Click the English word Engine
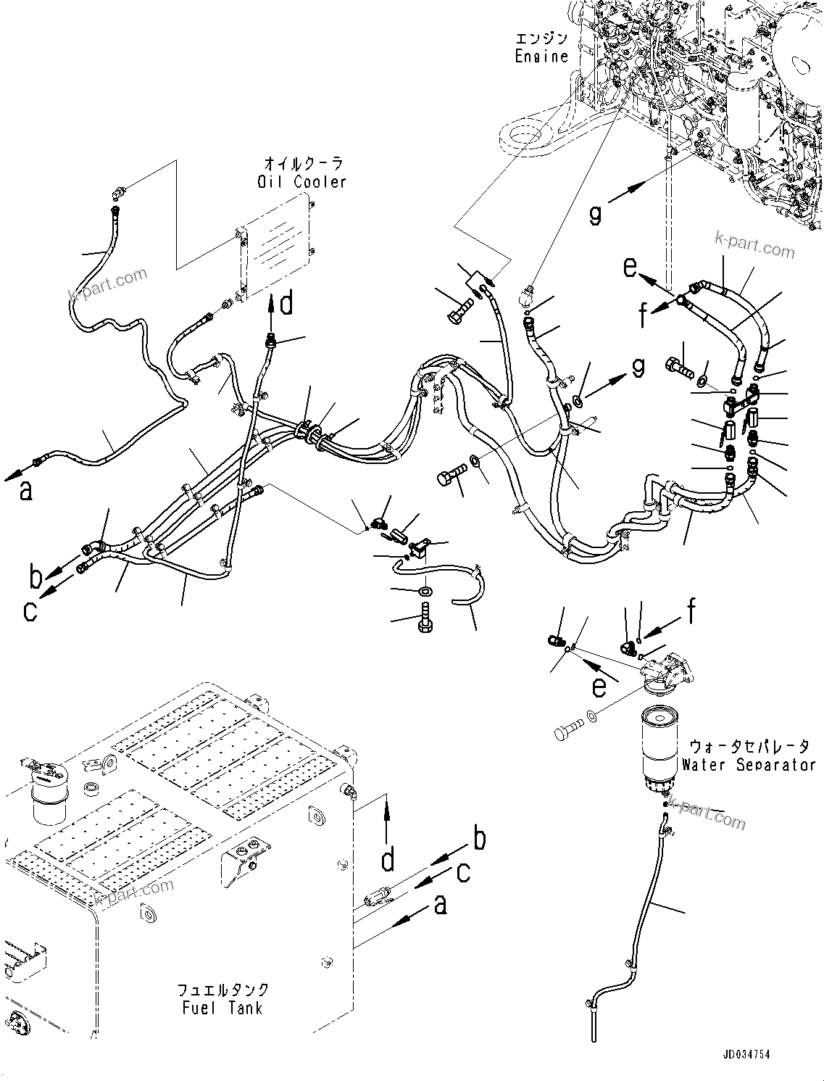(541, 57)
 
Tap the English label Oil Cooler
(301, 181)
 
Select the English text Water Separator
(748, 764)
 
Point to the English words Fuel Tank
(220, 1008)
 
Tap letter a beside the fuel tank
(440, 904)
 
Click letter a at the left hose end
(26, 491)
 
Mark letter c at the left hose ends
(29, 610)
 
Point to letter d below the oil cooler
(287, 304)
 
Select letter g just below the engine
(595, 215)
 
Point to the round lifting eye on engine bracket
(523, 134)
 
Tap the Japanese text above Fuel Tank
(223, 990)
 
